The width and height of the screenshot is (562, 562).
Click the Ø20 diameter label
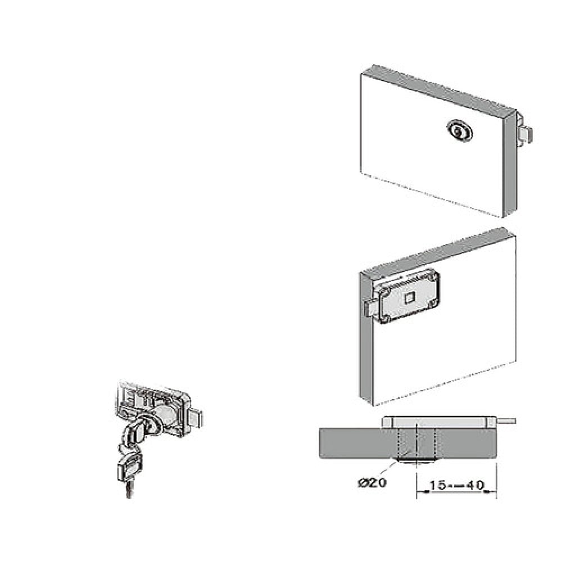[371, 482]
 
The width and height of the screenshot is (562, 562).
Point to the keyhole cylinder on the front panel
[460, 132]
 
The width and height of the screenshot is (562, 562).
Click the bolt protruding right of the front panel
[526, 135]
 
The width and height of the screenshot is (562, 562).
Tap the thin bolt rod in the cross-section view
[506, 420]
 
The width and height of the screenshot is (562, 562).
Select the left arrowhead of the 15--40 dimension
[418, 492]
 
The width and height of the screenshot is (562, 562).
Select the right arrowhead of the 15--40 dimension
[494, 492]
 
